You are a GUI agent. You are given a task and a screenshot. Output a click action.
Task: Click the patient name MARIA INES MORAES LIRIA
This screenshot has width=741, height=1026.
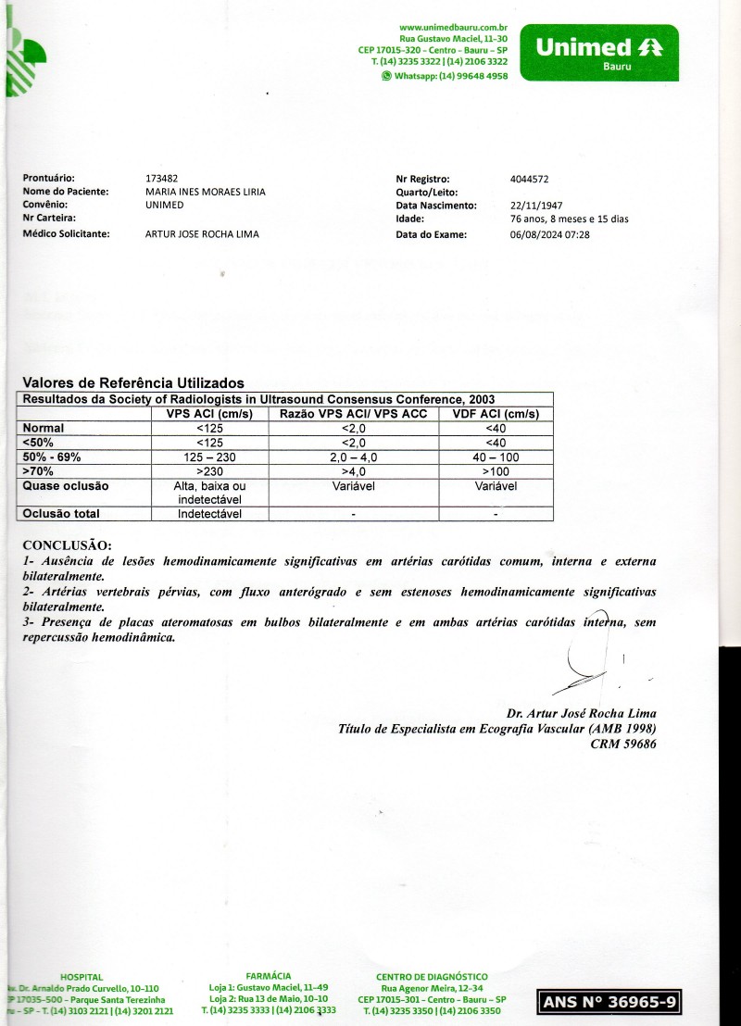point(206,192)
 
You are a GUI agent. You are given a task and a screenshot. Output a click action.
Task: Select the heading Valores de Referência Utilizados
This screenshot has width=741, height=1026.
point(133,382)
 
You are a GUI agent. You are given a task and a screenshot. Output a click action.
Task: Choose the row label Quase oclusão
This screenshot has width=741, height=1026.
point(65,486)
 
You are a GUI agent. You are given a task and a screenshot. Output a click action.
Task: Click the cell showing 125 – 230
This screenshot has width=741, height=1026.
point(210,457)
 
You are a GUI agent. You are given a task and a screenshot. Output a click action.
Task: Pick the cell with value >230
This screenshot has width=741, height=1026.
point(210,471)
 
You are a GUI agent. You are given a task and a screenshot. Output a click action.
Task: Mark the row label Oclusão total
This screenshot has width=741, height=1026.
point(62,514)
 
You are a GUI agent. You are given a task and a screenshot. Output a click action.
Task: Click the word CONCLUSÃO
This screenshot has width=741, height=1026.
point(67,545)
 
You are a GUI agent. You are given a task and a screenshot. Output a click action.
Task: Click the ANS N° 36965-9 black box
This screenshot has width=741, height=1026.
point(613,1002)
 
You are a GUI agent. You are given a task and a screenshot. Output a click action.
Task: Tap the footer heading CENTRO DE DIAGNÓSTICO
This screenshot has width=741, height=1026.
point(432,976)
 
